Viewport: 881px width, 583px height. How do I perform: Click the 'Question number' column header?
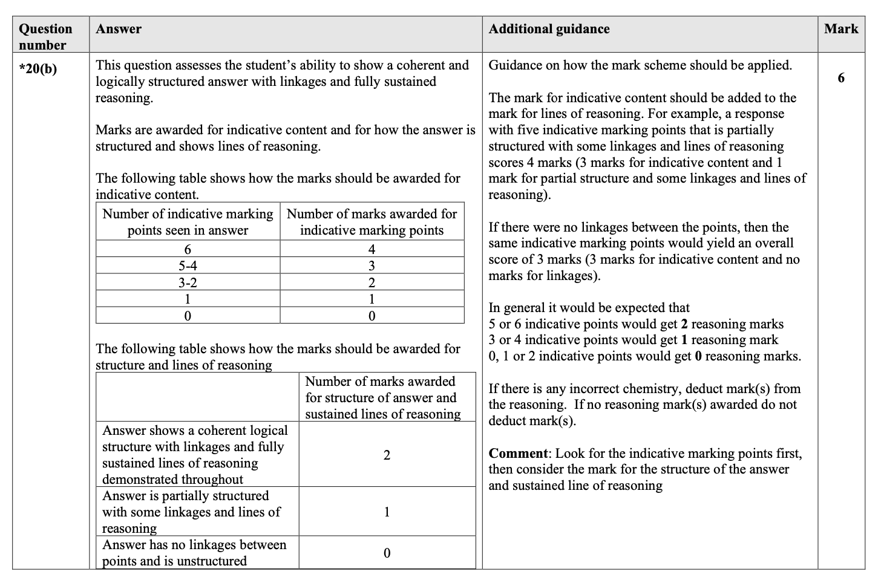(45, 36)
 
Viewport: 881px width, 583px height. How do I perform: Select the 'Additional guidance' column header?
(549, 29)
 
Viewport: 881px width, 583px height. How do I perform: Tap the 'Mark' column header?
(841, 29)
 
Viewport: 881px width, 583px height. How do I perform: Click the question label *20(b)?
(38, 69)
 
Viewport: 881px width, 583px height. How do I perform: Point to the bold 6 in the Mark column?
(841, 78)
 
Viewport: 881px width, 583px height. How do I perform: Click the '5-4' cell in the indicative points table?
(188, 266)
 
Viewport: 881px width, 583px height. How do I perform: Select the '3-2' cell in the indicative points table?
(188, 282)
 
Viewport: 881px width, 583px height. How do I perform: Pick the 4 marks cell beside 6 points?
(372, 249)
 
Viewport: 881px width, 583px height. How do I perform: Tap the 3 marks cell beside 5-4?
(372, 266)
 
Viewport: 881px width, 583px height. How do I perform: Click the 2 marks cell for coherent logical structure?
(387, 455)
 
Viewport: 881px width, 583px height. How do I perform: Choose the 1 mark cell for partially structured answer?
(387, 512)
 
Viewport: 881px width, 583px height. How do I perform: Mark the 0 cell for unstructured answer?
(387, 553)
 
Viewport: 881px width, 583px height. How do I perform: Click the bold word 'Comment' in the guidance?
(518, 454)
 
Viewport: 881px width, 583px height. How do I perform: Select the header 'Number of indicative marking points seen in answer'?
(188, 222)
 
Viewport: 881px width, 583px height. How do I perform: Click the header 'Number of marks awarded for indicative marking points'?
(372, 222)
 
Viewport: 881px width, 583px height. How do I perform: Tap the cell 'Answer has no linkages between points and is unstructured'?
(194, 553)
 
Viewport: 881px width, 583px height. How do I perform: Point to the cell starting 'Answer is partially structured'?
(191, 512)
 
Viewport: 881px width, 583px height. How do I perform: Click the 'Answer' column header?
(119, 29)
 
